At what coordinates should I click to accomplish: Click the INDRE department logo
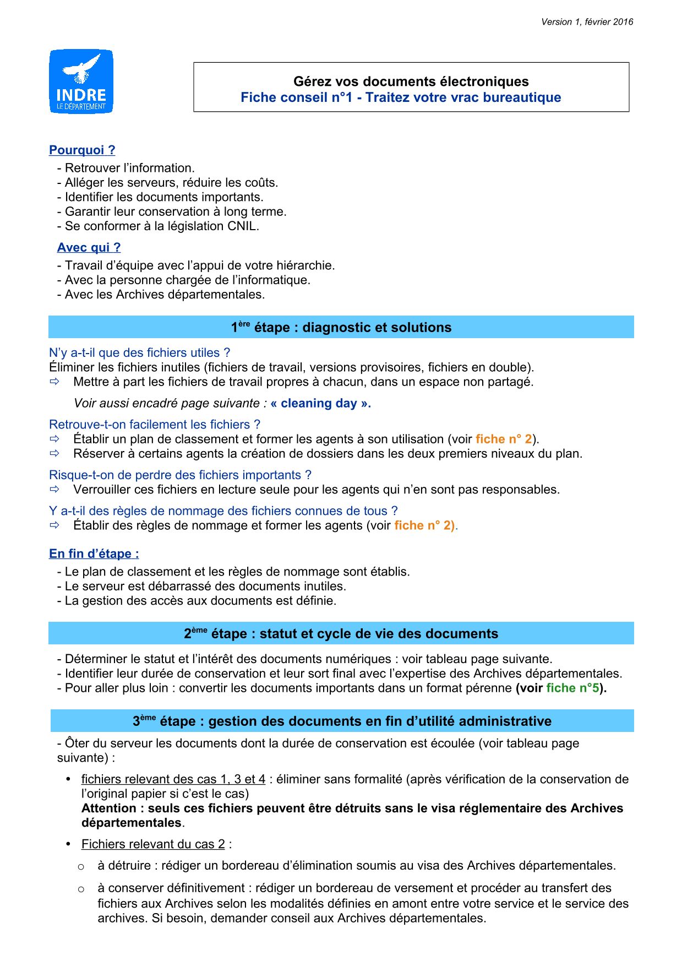coord(81,82)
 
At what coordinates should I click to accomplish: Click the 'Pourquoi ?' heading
coord(82,150)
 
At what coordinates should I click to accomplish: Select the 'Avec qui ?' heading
coord(89,248)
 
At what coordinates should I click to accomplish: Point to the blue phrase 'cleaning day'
coord(319,403)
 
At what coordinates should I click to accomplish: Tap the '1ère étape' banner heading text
coord(341,327)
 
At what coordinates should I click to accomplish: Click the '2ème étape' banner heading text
coord(341,633)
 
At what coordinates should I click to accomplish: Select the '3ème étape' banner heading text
coord(342,721)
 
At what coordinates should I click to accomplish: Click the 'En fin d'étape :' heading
coord(94,553)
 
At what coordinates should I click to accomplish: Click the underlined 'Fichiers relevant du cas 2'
coord(153,844)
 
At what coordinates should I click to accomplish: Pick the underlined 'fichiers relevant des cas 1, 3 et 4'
coord(173,779)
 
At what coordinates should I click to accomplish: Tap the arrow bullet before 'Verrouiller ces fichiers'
coord(54,490)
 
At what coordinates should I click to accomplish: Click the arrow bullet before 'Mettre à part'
coord(54,382)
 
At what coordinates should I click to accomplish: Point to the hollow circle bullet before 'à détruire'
coord(81,867)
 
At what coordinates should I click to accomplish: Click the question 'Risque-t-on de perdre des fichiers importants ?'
coord(180,475)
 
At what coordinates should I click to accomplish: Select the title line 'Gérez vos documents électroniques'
coord(411,82)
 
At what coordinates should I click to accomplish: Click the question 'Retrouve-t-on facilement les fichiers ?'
coord(155,425)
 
